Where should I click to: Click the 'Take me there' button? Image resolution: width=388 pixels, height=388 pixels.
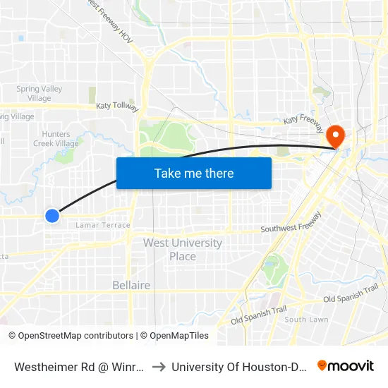(x=194, y=173)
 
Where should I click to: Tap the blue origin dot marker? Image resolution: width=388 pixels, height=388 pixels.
(x=52, y=215)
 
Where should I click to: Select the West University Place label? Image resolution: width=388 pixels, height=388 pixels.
(x=183, y=249)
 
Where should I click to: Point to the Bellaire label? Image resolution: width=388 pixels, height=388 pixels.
(x=131, y=285)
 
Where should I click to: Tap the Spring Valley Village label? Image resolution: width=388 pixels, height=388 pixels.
(x=40, y=93)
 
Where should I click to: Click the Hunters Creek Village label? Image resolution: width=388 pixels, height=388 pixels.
(x=56, y=138)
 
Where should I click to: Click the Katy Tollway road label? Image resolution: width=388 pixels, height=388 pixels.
(x=117, y=106)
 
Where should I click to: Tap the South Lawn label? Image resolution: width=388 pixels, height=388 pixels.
(x=306, y=320)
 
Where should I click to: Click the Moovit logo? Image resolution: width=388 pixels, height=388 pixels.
(x=346, y=365)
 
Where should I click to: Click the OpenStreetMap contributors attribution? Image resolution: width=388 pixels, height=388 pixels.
(x=71, y=336)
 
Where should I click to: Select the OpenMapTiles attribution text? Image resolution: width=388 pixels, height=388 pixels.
(x=174, y=336)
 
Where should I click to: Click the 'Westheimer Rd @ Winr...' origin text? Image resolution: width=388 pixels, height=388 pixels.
(x=80, y=366)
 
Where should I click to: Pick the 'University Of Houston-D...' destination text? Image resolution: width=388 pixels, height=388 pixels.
(x=238, y=366)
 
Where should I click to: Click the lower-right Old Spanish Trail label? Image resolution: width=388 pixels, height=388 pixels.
(x=351, y=294)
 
